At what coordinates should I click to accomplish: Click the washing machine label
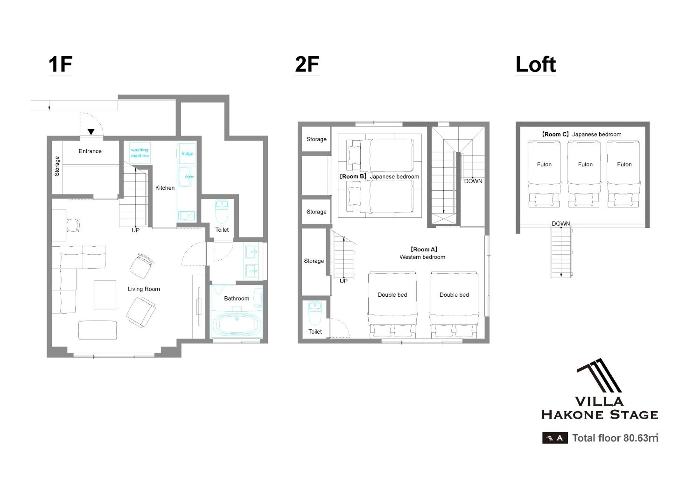[140, 153]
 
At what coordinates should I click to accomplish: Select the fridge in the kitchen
[187, 153]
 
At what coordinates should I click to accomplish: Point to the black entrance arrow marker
[91, 132]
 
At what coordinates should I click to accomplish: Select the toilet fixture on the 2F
[315, 313]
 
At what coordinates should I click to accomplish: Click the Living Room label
[144, 289]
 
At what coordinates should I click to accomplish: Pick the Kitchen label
[165, 188]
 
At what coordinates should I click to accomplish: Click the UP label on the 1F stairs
[136, 230]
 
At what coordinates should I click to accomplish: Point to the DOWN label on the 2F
[473, 181]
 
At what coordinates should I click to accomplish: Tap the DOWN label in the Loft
[560, 224]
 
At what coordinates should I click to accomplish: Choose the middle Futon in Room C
[584, 174]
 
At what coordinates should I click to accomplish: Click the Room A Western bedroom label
[422, 253]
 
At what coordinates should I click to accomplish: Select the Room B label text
[353, 176]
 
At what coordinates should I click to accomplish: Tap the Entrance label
[90, 151]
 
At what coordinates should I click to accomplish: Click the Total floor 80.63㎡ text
[615, 438]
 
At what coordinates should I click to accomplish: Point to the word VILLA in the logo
[599, 401]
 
